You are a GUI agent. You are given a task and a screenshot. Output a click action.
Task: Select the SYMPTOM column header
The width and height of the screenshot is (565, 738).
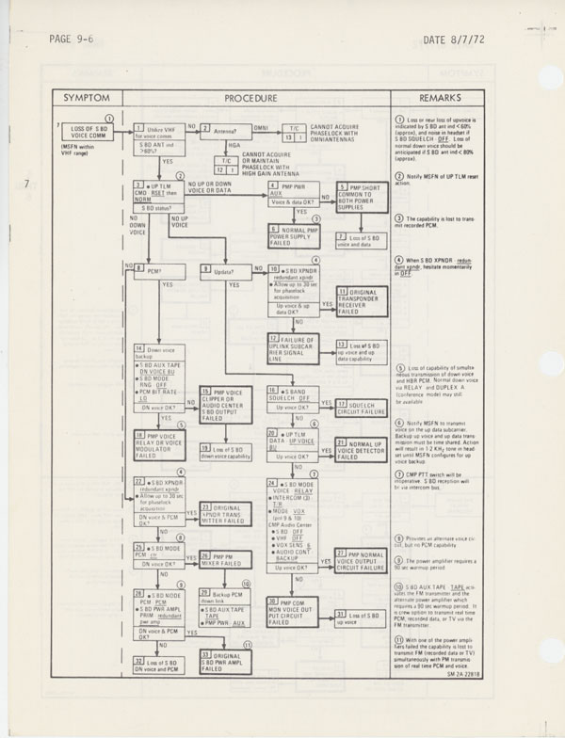[92, 98]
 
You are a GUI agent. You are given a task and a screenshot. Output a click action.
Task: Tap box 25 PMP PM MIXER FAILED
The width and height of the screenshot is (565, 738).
[223, 559]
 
